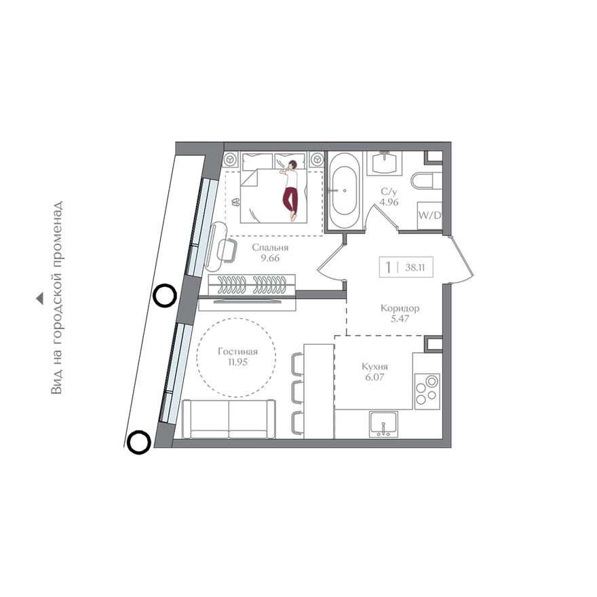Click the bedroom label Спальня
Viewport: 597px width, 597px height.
[x=270, y=248]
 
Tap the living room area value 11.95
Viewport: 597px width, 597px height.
[x=237, y=362]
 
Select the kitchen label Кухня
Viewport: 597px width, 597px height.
[x=374, y=366]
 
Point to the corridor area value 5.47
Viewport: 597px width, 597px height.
[x=400, y=319]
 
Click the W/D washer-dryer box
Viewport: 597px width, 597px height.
[x=429, y=216]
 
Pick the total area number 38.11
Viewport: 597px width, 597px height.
[x=415, y=267]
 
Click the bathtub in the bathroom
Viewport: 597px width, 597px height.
[x=345, y=191]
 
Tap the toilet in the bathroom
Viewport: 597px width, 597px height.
[x=426, y=180]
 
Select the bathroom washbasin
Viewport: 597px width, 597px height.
[x=385, y=163]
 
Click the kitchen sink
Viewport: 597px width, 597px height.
[x=383, y=423]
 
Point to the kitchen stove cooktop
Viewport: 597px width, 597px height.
[x=427, y=391]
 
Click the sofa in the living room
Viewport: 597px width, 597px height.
[x=229, y=419]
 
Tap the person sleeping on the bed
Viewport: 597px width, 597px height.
[x=291, y=189]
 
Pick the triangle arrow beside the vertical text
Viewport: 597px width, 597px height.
[x=39, y=299]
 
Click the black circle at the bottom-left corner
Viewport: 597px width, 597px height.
[x=138, y=442]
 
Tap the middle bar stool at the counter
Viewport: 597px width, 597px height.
[x=297, y=391]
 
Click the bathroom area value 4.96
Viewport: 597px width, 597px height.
[x=389, y=202]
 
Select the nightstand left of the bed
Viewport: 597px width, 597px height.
[x=231, y=160]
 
